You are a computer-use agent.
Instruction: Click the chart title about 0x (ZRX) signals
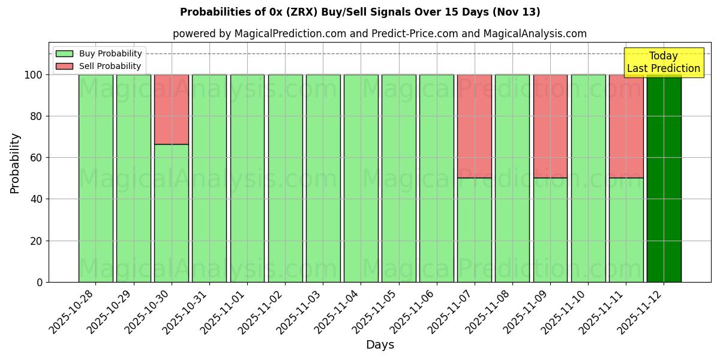coord(360,12)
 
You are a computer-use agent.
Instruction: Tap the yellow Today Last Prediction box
coord(663,62)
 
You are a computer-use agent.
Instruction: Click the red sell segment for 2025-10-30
coord(172,109)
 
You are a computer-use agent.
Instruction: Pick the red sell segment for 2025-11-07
coord(475,126)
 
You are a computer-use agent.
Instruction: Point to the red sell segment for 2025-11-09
coord(550,126)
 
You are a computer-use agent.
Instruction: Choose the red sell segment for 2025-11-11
coord(626,126)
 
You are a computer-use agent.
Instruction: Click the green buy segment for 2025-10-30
coord(172,213)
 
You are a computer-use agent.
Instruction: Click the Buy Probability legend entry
coord(99,53)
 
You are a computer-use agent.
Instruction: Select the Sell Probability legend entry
coord(99,66)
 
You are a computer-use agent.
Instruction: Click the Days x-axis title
coord(380,345)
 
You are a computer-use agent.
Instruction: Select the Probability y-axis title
coord(15,163)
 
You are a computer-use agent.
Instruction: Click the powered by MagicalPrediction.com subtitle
coord(380,34)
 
